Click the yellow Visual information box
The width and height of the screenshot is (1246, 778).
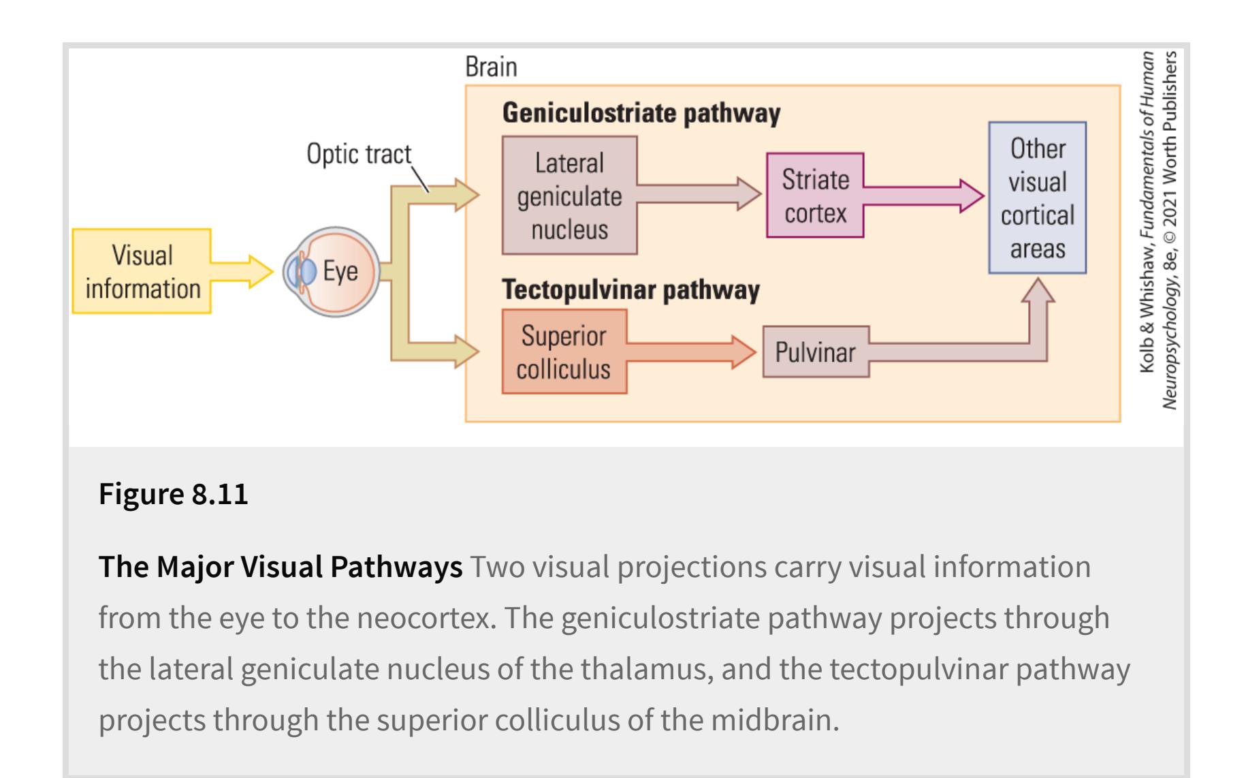[x=142, y=271]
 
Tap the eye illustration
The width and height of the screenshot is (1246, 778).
[x=332, y=271]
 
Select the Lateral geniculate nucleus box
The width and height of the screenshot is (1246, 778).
[x=569, y=196]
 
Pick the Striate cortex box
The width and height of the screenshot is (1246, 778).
[x=814, y=196]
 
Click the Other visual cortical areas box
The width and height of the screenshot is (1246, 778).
[x=1036, y=198]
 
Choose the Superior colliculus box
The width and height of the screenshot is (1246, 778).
[x=564, y=352]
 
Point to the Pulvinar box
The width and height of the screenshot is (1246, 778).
[x=815, y=352]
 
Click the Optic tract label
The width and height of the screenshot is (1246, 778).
[x=358, y=154]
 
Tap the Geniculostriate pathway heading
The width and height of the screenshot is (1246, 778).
[x=641, y=113]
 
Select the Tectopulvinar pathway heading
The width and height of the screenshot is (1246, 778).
[x=630, y=290]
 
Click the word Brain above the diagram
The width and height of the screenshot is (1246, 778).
[x=491, y=67]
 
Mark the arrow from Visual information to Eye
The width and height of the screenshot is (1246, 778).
[x=242, y=271]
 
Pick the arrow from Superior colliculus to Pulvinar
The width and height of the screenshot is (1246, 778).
[x=692, y=352]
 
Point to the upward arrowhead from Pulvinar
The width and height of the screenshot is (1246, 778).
[x=1037, y=292]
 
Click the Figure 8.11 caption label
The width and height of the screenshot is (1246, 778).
[x=174, y=494]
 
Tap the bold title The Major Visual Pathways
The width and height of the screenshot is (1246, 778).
[x=281, y=567]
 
